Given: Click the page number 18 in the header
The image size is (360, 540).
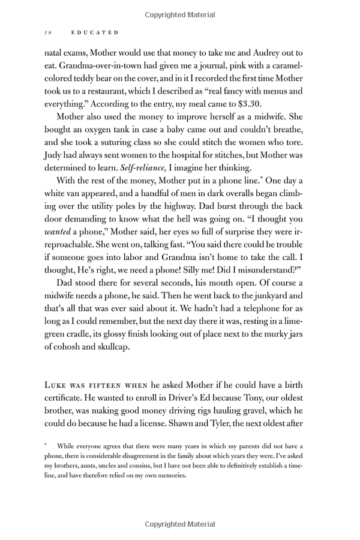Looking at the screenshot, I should click(47, 32).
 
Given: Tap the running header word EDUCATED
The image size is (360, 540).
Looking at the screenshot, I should click(91, 32).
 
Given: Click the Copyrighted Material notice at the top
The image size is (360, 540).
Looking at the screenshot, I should click(180, 13).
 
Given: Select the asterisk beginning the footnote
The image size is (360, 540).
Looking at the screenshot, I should click(46, 446).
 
